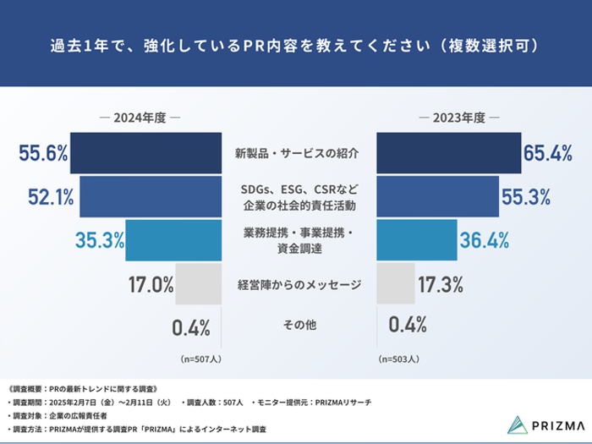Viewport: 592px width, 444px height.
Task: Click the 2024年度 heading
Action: click(140, 118)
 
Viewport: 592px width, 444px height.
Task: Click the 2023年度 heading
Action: click(458, 118)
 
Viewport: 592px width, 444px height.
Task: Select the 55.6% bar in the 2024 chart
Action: click(145, 153)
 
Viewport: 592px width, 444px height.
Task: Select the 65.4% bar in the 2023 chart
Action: click(449, 153)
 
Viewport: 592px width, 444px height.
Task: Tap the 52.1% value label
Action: click(51, 197)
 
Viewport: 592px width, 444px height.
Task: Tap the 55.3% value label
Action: click(526, 197)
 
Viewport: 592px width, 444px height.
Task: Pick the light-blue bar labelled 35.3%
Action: click(173, 240)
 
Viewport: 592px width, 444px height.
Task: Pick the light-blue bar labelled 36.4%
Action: click(417, 240)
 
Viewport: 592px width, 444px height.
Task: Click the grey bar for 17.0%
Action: click(198, 284)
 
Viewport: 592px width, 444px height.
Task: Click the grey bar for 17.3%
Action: click(396, 284)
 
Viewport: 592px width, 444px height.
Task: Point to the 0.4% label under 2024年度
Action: click(191, 328)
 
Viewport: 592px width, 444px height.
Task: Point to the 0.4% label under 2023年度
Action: click(408, 325)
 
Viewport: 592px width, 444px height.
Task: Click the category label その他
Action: click(299, 325)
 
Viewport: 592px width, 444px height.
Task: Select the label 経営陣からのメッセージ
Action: click(299, 284)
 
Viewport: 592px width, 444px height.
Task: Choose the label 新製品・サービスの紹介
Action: click(297, 153)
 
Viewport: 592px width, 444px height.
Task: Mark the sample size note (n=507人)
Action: click(201, 359)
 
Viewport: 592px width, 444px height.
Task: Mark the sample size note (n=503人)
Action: click(398, 359)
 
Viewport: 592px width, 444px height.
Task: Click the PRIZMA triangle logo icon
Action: click(518, 425)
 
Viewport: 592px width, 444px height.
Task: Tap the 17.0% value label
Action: click(151, 284)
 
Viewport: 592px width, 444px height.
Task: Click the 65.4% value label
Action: click(548, 153)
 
